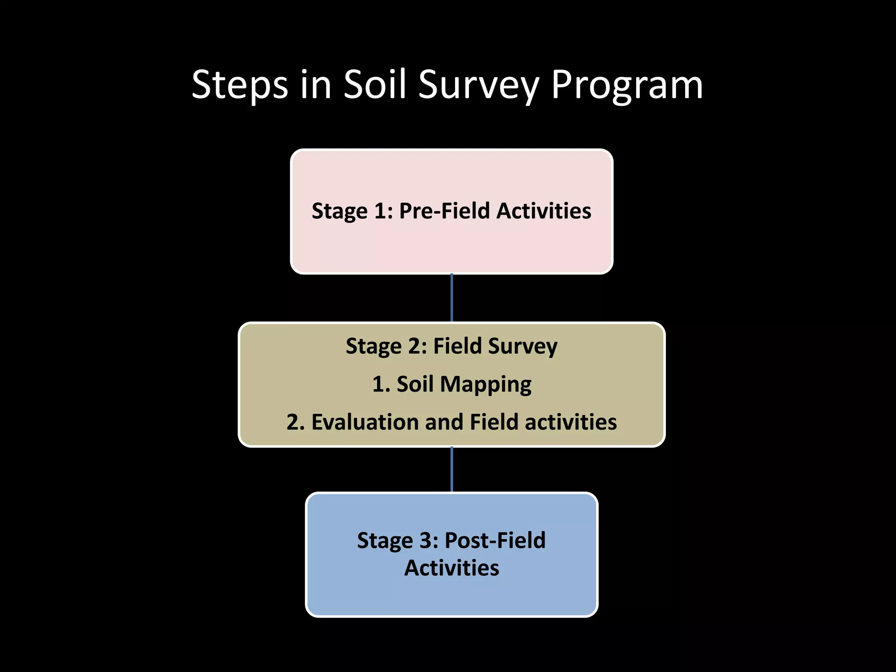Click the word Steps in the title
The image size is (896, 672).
coord(240,85)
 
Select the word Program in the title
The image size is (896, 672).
coord(626,85)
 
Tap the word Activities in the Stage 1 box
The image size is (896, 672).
coord(543,211)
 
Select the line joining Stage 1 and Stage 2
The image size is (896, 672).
coord(451,298)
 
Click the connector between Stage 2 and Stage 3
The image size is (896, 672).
coord(451,469)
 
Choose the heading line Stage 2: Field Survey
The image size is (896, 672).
coord(451,346)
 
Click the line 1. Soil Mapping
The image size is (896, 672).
coord(451,384)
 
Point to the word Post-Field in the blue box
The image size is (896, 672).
coord(495,540)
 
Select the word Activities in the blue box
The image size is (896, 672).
coord(451,568)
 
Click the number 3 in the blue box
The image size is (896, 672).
coord(426,540)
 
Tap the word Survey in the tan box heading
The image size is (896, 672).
coord(523,346)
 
